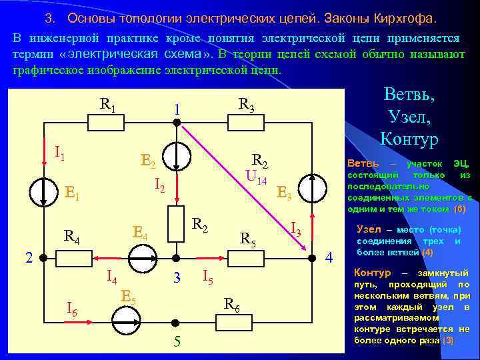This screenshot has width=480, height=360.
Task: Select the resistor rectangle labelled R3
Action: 247,122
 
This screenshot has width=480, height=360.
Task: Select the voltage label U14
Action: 256,178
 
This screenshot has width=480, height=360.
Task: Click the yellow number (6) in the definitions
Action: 460,208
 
